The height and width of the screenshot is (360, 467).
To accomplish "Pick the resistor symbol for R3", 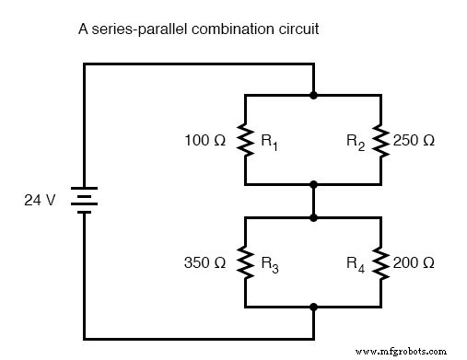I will coord(245,262).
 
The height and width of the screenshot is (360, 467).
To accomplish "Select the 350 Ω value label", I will coord(204,263).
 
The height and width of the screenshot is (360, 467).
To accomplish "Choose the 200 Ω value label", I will coord(415,263).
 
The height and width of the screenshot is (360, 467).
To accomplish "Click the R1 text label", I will coord(269,143).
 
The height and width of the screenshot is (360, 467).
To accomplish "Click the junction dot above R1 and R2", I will coord(313,94).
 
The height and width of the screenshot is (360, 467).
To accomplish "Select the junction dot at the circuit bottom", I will coord(313,307).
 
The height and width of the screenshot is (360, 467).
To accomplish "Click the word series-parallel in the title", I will coord(134,29).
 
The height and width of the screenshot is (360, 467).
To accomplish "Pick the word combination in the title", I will coord(228,29).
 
